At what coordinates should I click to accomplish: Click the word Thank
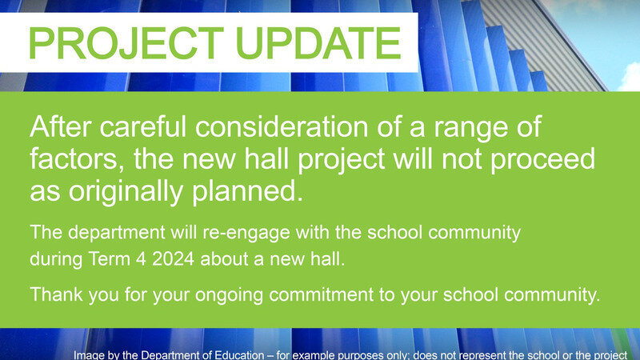[54, 294]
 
